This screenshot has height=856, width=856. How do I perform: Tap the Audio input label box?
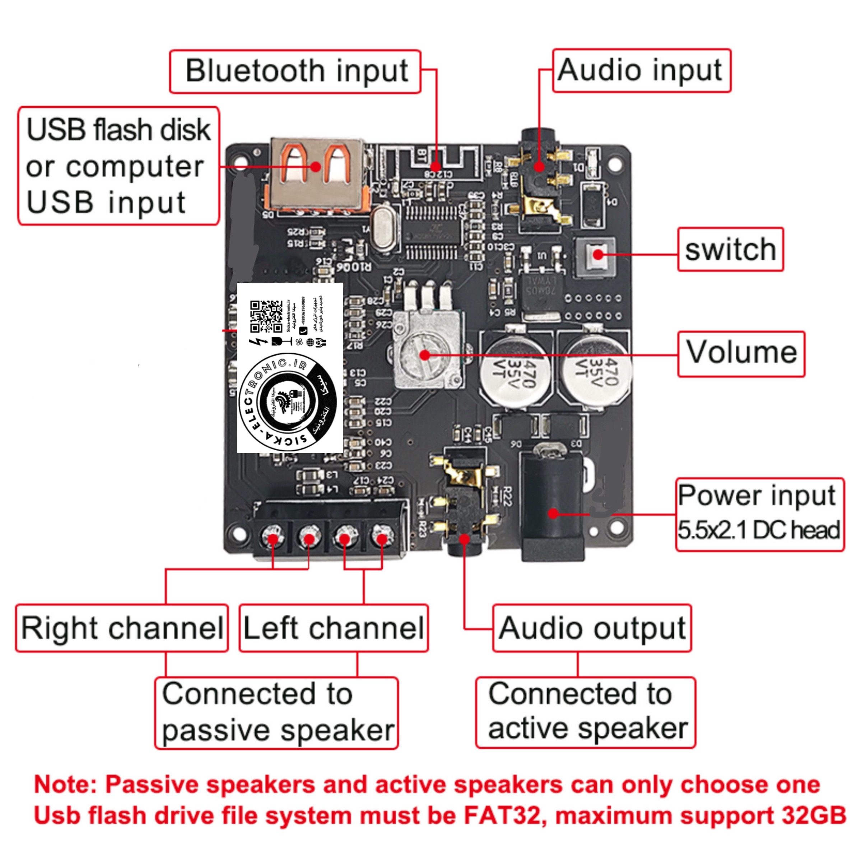(x=641, y=71)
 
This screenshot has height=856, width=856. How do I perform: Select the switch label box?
(x=730, y=250)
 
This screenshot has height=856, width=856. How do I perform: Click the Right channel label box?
(x=122, y=628)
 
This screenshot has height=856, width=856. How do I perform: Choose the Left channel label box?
(x=334, y=628)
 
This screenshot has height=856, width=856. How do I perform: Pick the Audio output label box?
(x=592, y=628)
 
